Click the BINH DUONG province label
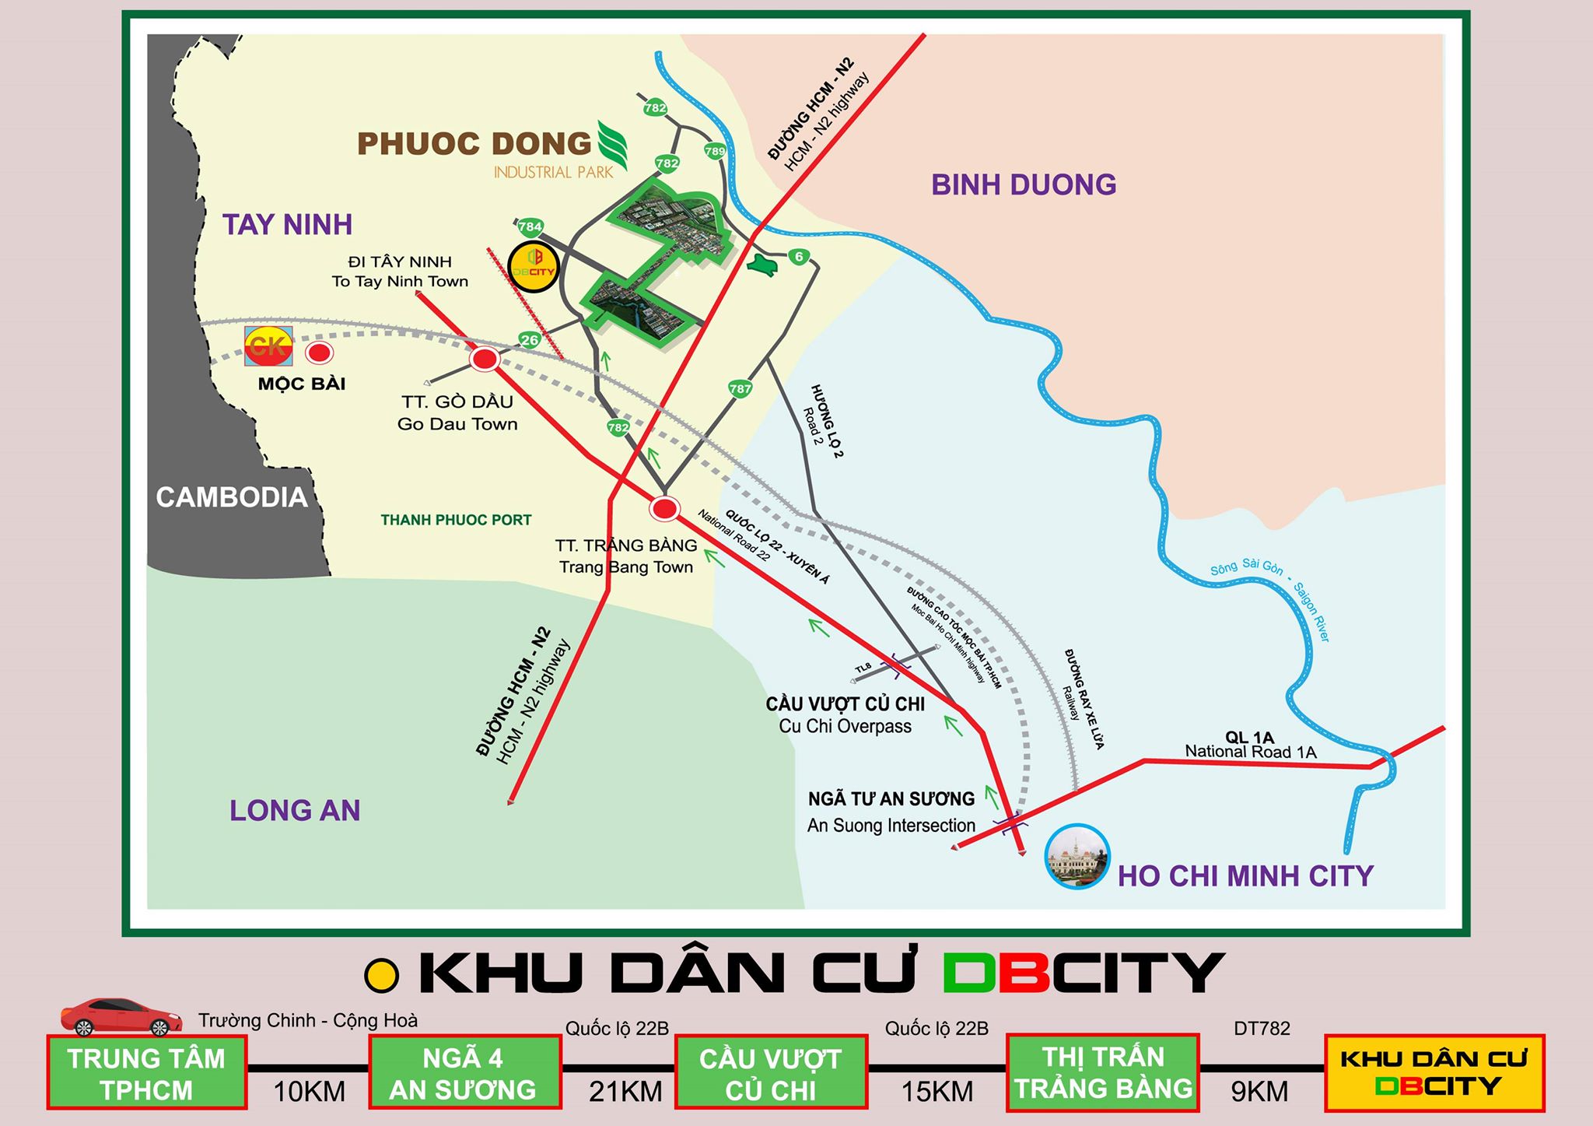point(1024,185)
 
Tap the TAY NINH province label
point(288,225)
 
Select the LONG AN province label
point(295,811)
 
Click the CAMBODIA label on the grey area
point(232,497)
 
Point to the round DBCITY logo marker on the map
point(534,267)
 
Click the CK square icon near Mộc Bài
point(268,346)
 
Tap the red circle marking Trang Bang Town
point(664,509)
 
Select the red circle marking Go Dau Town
point(485,360)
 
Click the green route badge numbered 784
point(530,227)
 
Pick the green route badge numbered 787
point(740,388)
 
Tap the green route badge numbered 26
point(530,340)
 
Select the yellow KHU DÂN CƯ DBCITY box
point(1434,1073)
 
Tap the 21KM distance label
point(625,1092)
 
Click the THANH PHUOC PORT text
point(456,520)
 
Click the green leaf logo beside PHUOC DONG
point(612,145)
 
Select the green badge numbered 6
point(798,257)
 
